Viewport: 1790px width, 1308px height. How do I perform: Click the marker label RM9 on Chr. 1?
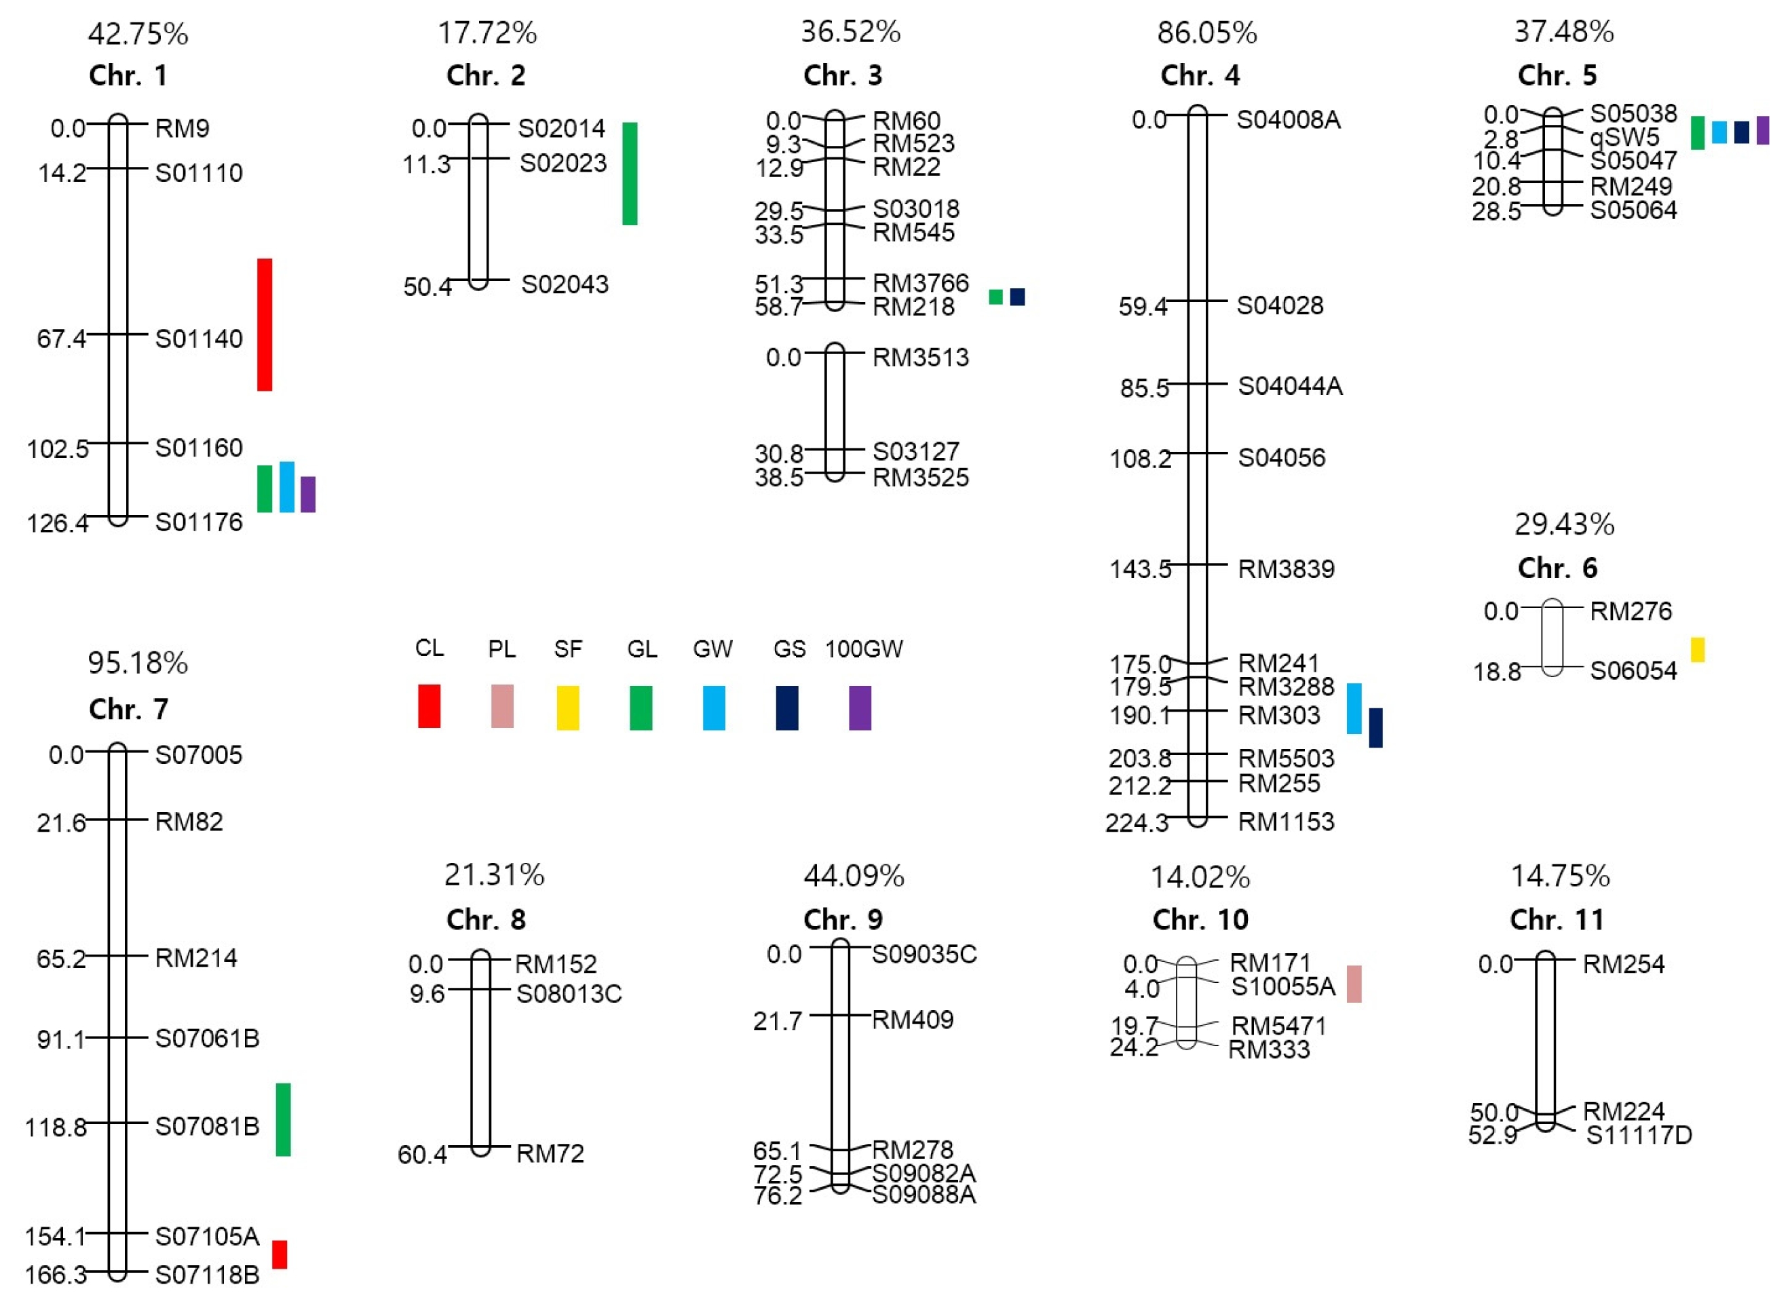point(182,128)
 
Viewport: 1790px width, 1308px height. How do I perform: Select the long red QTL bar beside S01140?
point(265,324)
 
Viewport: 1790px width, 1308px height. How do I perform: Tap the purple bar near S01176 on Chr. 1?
point(308,494)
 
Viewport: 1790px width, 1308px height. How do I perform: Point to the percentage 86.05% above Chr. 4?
point(1206,33)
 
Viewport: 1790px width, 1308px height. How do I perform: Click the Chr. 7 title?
point(128,709)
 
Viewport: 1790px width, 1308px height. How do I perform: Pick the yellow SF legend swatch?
point(568,707)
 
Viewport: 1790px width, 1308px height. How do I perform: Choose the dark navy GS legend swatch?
point(787,707)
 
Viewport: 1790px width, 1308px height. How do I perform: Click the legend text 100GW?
point(864,649)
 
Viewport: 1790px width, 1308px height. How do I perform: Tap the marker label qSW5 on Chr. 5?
point(1624,138)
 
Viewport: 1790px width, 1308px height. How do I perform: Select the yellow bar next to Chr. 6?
point(1697,649)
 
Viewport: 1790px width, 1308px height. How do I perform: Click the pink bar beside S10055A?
point(1354,984)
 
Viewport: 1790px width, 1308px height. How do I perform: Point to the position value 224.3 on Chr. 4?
point(1137,824)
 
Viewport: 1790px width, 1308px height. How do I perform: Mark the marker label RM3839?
point(1287,569)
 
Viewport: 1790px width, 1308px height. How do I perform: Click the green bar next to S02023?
point(630,174)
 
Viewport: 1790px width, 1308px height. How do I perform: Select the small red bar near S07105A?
point(280,1254)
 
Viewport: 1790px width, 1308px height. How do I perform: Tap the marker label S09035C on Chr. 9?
point(924,954)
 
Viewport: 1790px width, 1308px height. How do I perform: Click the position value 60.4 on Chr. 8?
point(422,1155)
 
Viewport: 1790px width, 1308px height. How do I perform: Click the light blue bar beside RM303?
point(1354,709)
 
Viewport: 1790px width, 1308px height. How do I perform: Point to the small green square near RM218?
point(996,297)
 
